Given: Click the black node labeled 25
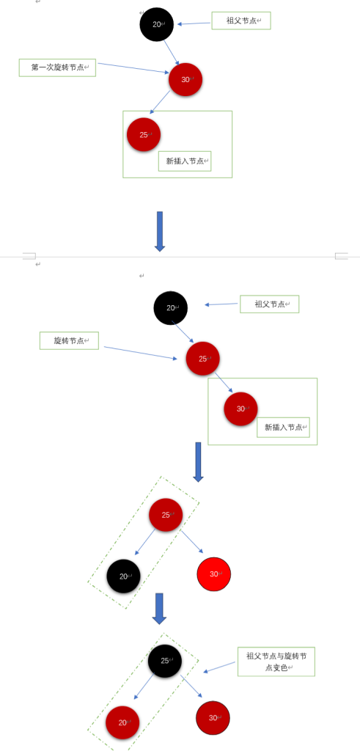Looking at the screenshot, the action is click(165, 661).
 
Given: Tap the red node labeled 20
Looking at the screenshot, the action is click(122, 722).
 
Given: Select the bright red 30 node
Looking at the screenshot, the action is click(214, 574).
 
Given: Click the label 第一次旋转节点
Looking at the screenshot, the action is click(57, 67).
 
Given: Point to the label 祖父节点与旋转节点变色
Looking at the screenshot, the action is click(276, 662).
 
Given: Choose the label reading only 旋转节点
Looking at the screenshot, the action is click(69, 340).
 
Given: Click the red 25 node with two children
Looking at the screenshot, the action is click(166, 515).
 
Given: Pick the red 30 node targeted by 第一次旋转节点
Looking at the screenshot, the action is click(185, 79).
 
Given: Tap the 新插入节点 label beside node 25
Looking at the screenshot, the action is click(185, 161).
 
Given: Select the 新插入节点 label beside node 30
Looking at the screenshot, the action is click(284, 428).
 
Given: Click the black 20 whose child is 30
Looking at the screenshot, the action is click(157, 24).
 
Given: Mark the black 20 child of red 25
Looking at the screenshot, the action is click(123, 576).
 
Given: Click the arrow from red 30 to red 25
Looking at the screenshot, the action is click(160, 101).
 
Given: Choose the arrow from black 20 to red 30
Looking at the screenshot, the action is click(172, 53).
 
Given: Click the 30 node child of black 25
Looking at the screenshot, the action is click(213, 718).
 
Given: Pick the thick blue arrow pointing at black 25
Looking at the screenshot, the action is click(159, 609).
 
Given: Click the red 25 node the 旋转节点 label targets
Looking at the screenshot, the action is click(202, 358).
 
